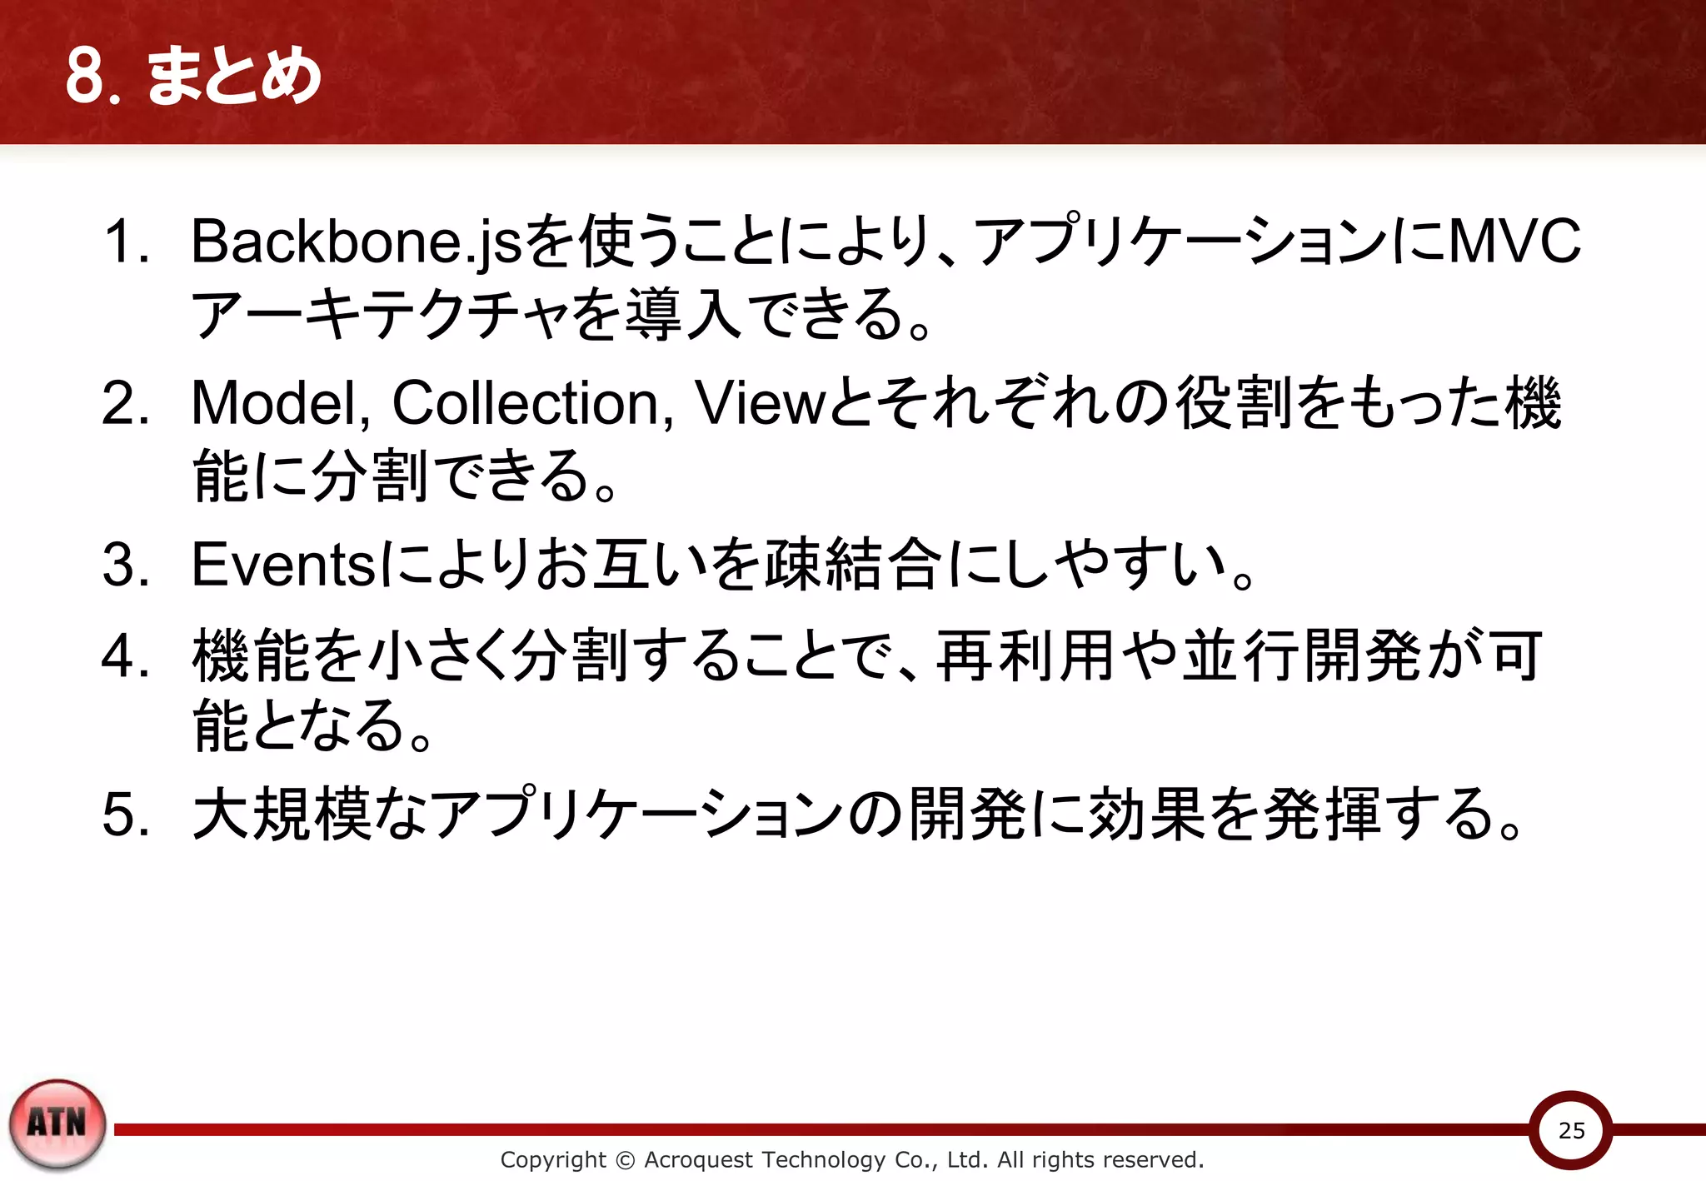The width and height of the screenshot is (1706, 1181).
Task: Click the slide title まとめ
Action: [234, 76]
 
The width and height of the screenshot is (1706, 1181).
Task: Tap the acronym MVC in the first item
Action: [1514, 242]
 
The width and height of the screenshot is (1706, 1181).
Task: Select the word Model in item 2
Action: [279, 403]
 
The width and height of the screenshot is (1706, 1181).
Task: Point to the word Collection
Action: [526, 403]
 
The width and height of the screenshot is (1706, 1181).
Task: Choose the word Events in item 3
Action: [284, 565]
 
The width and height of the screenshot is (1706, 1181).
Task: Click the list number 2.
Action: [125, 403]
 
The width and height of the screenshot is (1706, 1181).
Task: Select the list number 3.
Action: [125, 565]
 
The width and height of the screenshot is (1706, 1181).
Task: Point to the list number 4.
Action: [125, 656]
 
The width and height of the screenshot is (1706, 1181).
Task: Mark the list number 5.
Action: [125, 814]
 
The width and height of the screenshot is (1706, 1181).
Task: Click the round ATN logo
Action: [57, 1124]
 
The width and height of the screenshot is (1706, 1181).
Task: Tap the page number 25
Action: [1571, 1130]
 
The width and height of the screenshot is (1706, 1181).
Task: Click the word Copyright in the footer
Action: [552, 1159]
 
